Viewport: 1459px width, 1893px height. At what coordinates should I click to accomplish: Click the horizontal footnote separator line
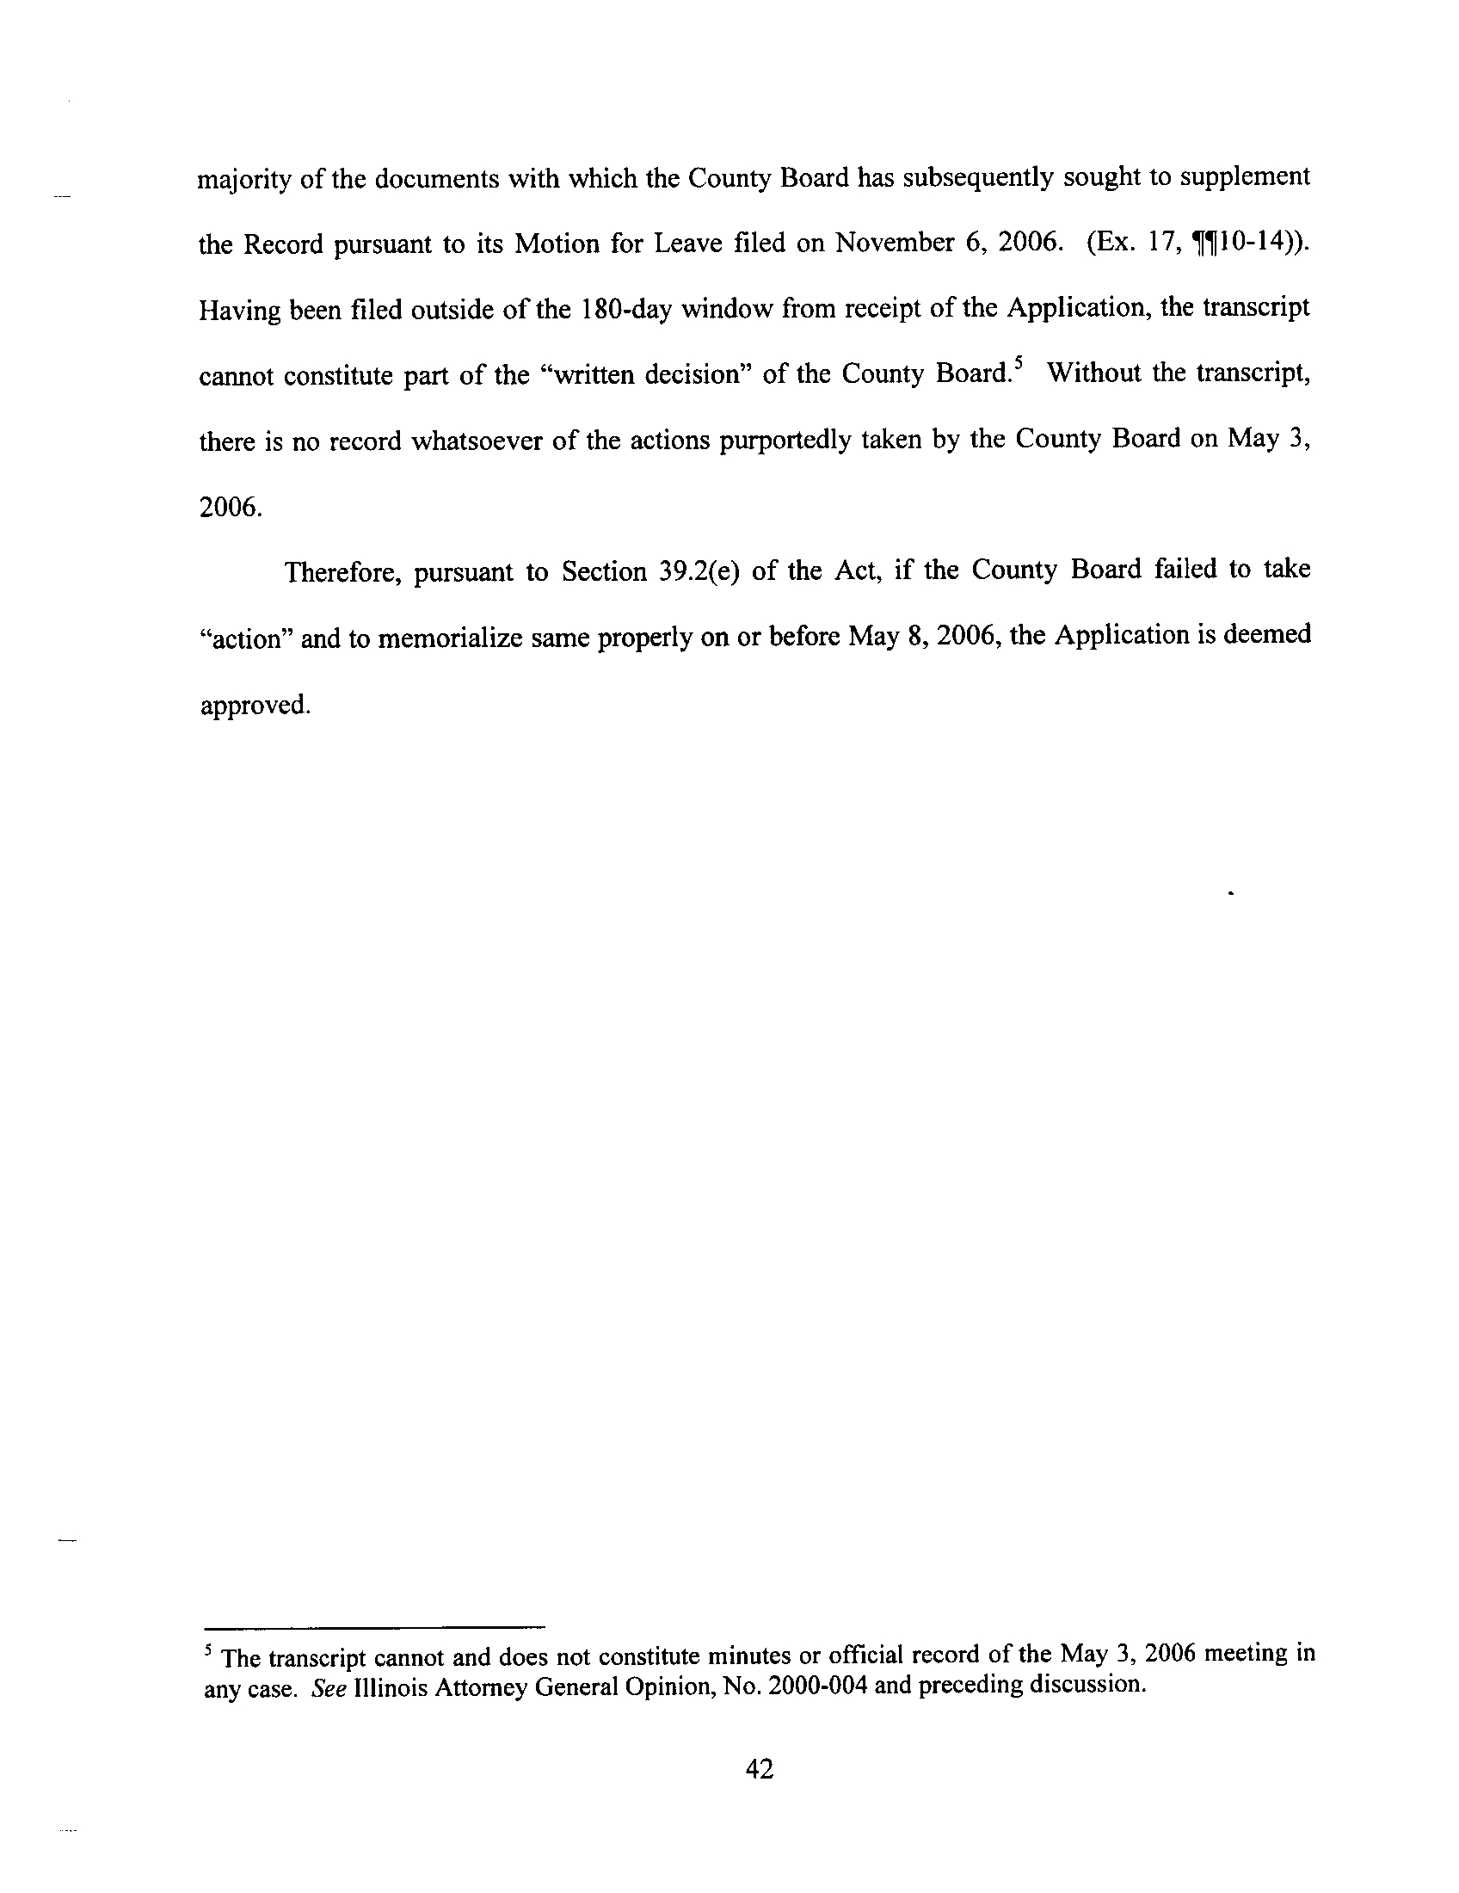pyautogui.click(x=373, y=1626)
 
